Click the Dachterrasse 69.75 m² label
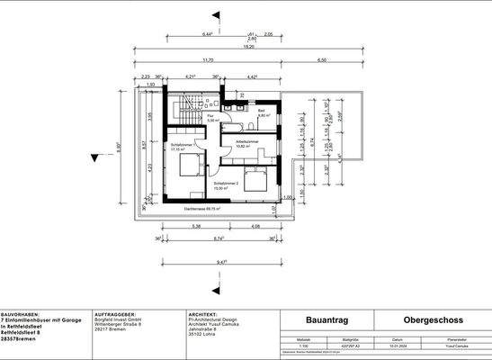click(202, 209)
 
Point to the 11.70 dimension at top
click(209, 60)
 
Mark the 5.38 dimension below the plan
click(197, 227)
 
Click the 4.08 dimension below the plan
click(255, 227)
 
